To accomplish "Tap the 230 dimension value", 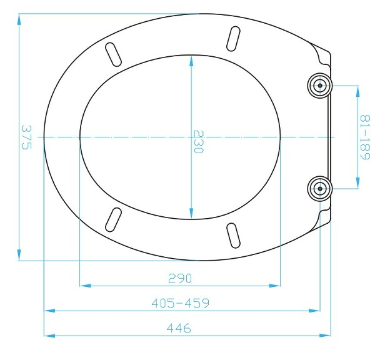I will point(197,142).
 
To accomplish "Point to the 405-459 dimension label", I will point(180,303).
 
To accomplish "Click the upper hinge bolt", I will point(319,86).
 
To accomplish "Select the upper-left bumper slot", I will point(114,53).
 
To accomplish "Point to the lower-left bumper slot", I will point(114,219).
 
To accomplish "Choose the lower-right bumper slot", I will point(233,236).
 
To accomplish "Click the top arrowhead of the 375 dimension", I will point(19,18).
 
